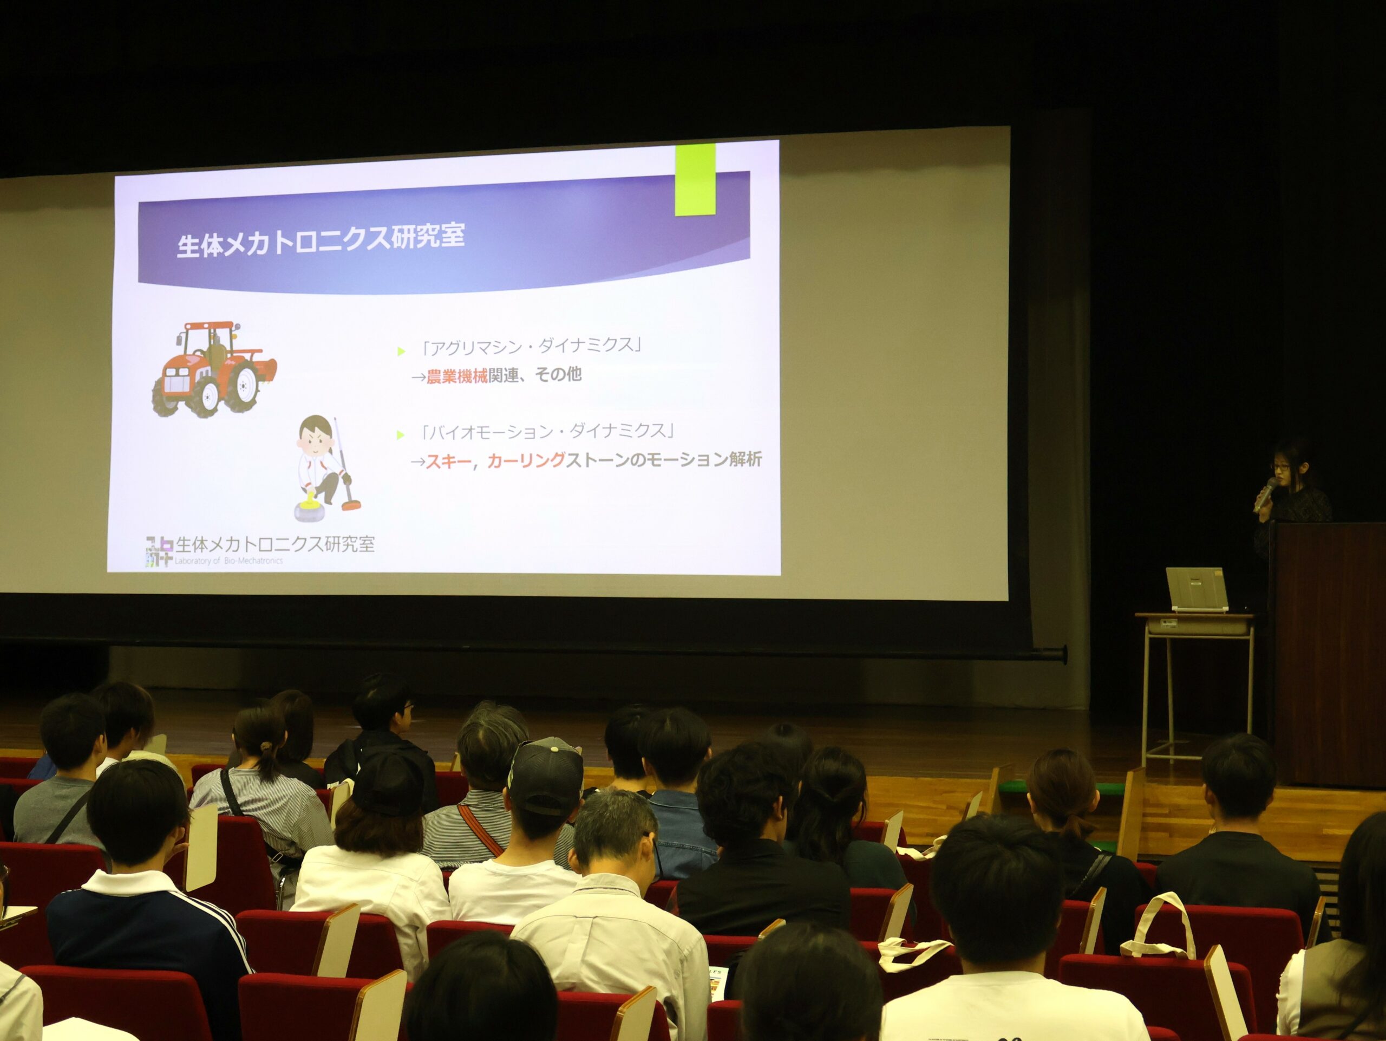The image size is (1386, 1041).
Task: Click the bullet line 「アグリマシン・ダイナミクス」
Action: (531, 347)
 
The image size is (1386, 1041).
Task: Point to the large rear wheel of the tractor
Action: (242, 388)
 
